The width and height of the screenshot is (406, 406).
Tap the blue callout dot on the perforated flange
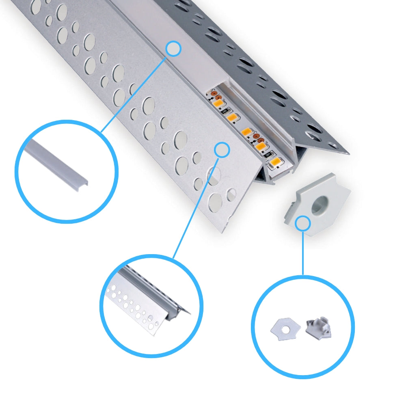222,150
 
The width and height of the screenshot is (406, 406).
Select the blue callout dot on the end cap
303,223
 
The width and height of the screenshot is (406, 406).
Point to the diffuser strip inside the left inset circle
57,162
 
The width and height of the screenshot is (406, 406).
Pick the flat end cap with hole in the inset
285,328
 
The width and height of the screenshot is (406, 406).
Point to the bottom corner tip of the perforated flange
222,231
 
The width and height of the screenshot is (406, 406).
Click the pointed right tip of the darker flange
348,153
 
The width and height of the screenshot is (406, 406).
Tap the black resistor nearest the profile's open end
268,154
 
